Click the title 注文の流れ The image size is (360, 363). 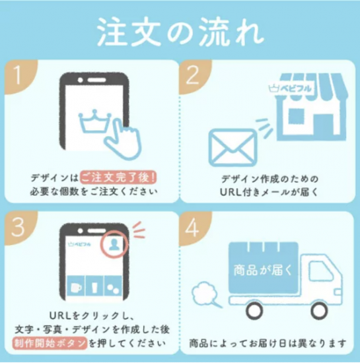180,32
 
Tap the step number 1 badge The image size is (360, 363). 19,75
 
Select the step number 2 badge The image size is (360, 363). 194,75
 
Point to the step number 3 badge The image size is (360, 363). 19,227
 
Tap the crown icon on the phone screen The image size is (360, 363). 95,121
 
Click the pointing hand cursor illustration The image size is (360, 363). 123,139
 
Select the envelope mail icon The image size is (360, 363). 233,148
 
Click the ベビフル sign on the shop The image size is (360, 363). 290,88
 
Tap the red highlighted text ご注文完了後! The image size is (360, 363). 118,178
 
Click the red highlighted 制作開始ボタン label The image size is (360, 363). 50,343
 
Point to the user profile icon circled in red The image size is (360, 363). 114,245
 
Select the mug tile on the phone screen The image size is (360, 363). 76,286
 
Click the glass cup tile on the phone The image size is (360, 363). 94,286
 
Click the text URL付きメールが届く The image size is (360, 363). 270,192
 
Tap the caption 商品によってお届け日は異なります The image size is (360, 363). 268,343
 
